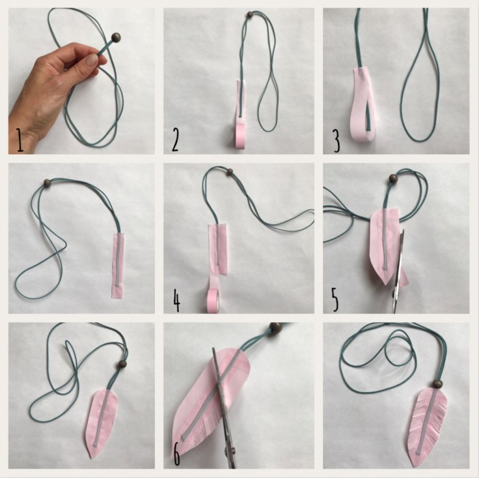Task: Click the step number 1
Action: point(20,140)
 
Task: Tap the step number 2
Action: point(175,139)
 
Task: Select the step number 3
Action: point(336,141)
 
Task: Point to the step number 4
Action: point(176,300)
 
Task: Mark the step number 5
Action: point(335,300)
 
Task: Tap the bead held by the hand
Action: point(116,38)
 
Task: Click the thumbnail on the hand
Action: point(90,60)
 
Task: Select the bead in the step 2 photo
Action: point(249,14)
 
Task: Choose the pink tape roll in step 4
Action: point(214,301)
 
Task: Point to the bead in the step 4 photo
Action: point(230,172)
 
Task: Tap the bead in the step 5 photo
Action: point(393,178)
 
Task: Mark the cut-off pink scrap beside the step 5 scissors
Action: point(404,275)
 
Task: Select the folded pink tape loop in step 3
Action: point(363,105)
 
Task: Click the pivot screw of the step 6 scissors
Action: point(232,449)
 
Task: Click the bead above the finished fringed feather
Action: point(438,384)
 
